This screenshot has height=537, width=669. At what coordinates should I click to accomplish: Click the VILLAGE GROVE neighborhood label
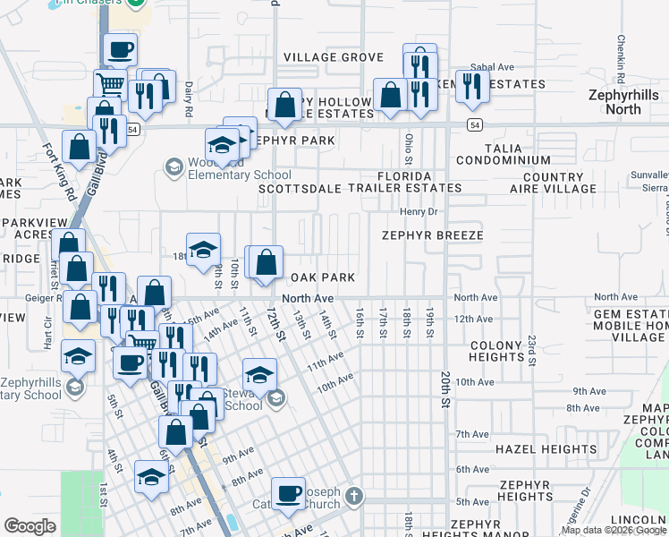click(x=334, y=57)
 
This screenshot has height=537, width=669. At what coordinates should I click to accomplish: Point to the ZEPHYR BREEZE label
click(x=432, y=235)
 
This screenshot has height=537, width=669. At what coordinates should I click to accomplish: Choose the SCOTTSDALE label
click(x=301, y=189)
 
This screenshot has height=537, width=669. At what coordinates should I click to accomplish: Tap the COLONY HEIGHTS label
click(x=495, y=351)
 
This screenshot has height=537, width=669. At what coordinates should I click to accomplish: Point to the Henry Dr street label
click(x=417, y=212)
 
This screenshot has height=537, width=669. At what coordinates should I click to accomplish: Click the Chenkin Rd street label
click(x=619, y=53)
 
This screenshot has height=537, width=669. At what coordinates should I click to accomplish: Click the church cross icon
click(x=354, y=496)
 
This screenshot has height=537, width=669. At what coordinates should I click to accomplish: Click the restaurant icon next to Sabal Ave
click(x=471, y=85)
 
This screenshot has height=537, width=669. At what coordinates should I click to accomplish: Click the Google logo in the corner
click(x=30, y=526)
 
